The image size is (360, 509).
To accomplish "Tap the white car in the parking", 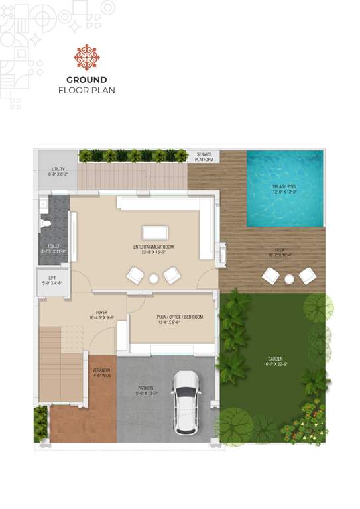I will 185,402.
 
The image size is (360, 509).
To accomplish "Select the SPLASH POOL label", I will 284,189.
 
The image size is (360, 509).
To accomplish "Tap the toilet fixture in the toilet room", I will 46,223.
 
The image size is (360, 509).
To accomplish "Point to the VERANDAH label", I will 101,371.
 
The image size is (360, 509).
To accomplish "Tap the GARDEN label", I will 275,362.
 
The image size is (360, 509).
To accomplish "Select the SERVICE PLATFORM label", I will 204,157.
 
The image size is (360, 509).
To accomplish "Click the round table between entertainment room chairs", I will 154,278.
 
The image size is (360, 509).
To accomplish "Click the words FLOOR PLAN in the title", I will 86,90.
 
